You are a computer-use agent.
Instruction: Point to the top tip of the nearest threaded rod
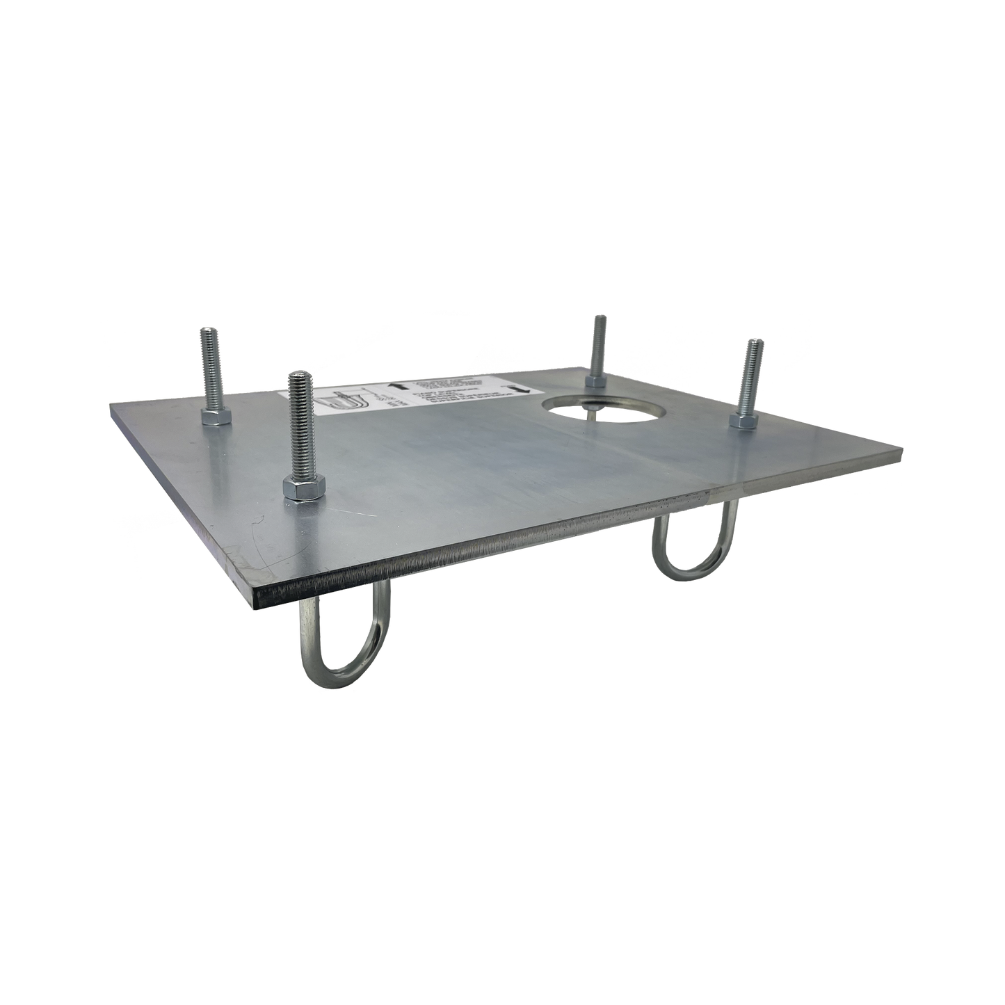[x=298, y=376]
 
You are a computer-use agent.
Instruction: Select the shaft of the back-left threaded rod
[x=209, y=369]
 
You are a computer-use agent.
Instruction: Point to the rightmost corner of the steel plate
[x=905, y=447]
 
